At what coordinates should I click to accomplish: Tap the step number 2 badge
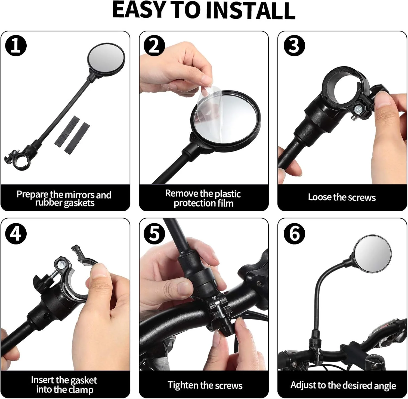tap(154, 45)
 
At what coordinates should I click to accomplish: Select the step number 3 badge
tap(294, 45)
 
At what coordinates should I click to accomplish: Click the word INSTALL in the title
tap(250, 10)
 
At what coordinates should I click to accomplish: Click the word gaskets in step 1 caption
tap(79, 203)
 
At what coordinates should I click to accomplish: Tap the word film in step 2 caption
tap(225, 203)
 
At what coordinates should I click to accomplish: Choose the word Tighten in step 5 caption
tap(183, 385)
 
